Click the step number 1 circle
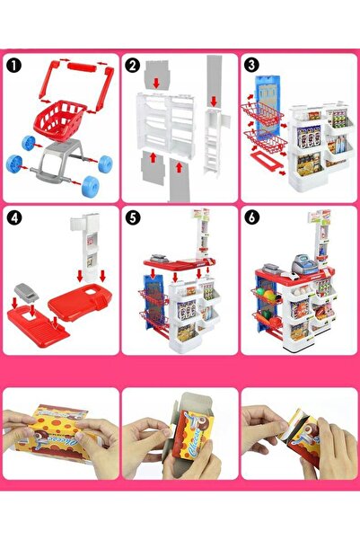click(x=13, y=66)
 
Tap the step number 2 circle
click(x=133, y=66)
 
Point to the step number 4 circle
click(x=13, y=218)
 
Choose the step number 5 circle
click(x=133, y=218)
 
